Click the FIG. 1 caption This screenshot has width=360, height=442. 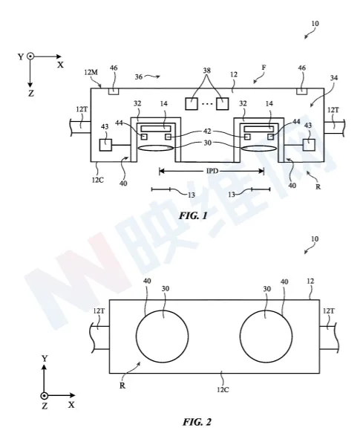coord(193,216)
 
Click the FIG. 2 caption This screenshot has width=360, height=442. coord(197,422)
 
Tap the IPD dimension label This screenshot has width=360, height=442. coord(212,171)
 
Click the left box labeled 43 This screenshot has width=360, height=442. coord(105,145)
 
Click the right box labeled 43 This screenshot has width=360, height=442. coord(309,145)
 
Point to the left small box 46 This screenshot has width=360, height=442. coord(114,91)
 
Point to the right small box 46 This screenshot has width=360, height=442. coord(301,91)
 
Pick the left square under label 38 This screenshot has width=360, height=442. coord(192,103)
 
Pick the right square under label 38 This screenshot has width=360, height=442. coord(223,103)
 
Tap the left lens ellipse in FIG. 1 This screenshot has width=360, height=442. coord(154,149)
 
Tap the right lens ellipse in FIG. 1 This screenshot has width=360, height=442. coord(259,149)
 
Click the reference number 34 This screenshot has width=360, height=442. coord(334,77)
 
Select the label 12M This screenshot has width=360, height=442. coord(91,73)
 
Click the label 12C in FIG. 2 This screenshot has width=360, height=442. coord(223,389)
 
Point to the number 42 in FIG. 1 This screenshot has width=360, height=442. coord(207,131)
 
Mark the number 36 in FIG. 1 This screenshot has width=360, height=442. coord(138,77)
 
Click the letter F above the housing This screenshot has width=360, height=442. coord(264,68)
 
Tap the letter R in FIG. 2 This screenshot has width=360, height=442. coord(122,386)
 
